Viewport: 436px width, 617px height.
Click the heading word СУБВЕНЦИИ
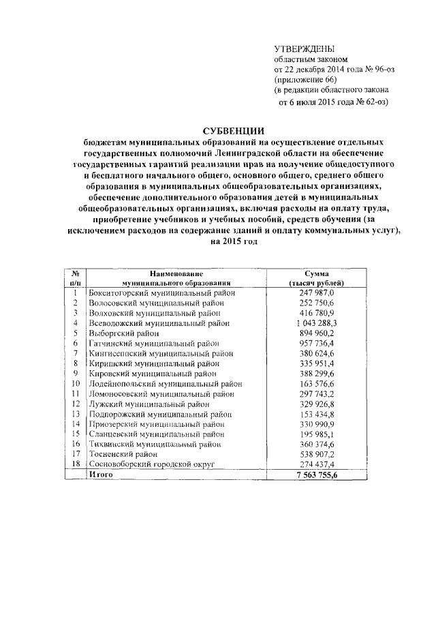234,132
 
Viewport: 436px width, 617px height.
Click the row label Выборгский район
125,333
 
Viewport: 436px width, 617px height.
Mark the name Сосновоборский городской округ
152,464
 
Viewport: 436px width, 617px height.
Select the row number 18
76,464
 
